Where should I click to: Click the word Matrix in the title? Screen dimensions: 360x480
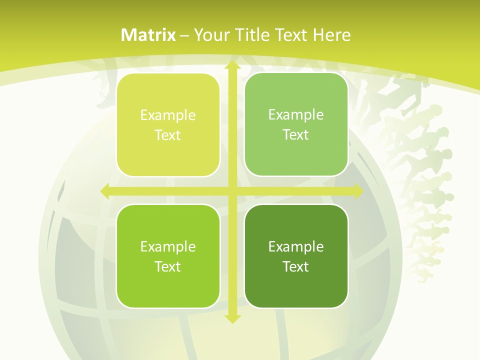coord(148,35)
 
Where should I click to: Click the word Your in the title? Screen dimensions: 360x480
coord(211,35)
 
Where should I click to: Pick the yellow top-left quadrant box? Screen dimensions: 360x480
coord(168,125)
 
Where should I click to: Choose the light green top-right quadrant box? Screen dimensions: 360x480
coord(296,124)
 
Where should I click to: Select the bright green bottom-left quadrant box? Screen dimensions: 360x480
coord(168,256)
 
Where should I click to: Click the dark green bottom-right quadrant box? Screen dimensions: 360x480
coord(296,256)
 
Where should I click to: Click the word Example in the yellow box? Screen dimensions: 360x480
coord(168,115)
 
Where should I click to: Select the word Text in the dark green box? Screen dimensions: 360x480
coord(296,266)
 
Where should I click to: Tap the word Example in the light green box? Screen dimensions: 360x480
coord(296,114)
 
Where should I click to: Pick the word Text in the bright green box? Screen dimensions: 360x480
coord(168,266)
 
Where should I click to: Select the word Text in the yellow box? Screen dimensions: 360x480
coord(168,135)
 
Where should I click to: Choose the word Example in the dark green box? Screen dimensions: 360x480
coord(296,246)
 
